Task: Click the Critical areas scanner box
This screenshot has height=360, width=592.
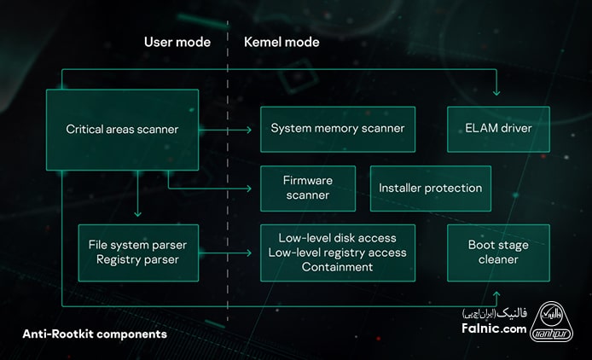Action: pos(122,130)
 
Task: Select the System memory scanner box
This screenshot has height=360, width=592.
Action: pos(337,129)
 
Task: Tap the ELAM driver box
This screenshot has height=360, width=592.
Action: pos(498,129)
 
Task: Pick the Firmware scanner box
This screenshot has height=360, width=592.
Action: pos(307,188)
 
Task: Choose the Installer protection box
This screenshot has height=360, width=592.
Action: pos(430,188)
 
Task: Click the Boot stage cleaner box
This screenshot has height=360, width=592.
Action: pos(498,253)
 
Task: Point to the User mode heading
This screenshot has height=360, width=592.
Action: pos(177,42)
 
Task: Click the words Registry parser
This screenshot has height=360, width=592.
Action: pos(136,259)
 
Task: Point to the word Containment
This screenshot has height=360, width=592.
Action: pos(337,267)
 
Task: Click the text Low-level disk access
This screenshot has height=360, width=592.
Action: pos(337,238)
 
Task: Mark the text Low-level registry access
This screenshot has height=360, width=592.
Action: pos(337,253)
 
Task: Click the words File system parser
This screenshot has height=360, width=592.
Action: pos(136,245)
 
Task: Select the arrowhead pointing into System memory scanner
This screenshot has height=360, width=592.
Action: pos(250,130)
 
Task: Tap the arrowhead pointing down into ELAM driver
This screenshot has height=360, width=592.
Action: pos(498,94)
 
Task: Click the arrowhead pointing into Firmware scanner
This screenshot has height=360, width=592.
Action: pos(250,188)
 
